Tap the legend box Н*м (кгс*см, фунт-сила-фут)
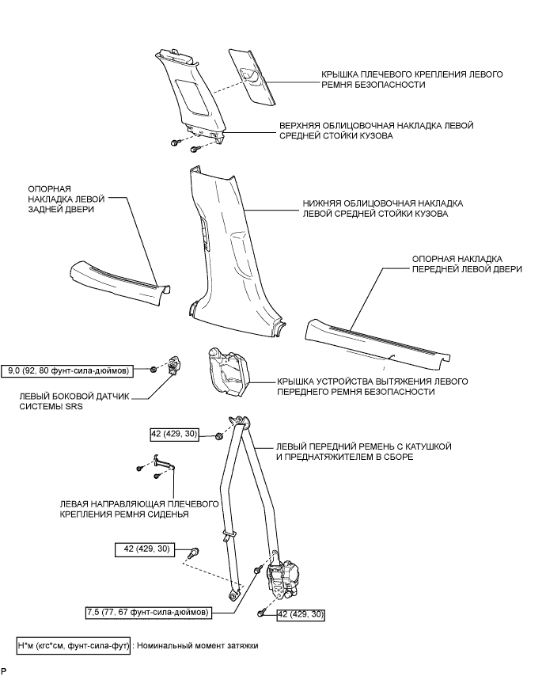73,645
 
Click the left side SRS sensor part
175,366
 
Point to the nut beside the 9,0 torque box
154,370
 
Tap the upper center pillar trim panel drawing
190,91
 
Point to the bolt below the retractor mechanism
260,614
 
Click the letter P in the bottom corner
4,670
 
